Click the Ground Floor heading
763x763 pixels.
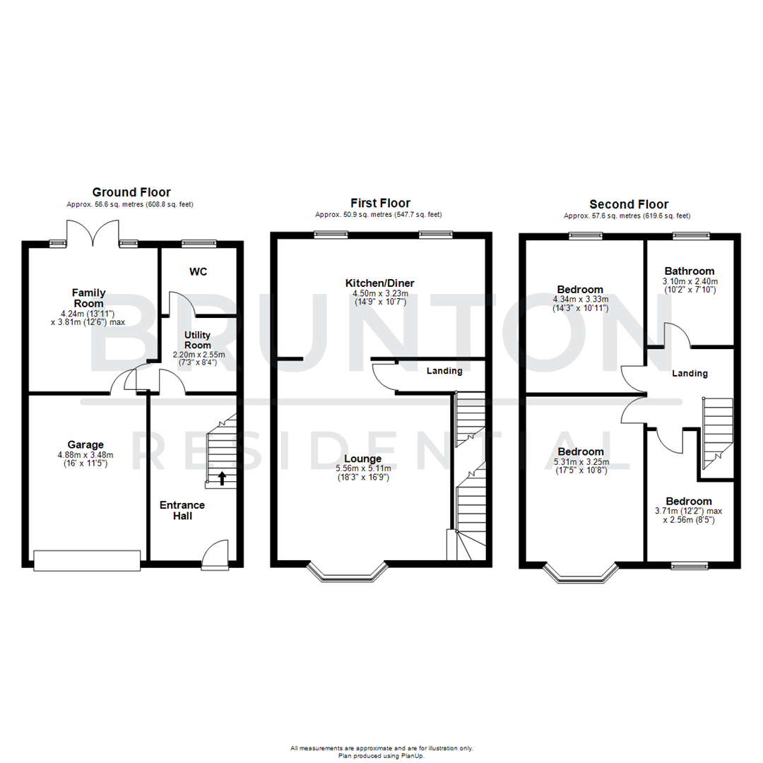tap(131, 192)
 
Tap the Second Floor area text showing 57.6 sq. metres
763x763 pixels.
tap(627, 216)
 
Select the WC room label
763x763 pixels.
tap(199, 272)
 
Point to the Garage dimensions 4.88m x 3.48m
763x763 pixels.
tap(85, 455)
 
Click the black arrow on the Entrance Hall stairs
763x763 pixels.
tap(223, 479)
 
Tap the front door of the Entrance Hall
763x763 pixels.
tap(215, 555)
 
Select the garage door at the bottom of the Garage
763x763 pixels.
tap(86, 561)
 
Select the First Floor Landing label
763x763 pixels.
tap(444, 371)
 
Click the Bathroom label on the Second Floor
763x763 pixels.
tap(689, 271)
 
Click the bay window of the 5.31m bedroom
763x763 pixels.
tap(581, 574)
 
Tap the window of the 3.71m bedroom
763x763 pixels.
tap(689, 565)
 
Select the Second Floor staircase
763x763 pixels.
tap(713, 429)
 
